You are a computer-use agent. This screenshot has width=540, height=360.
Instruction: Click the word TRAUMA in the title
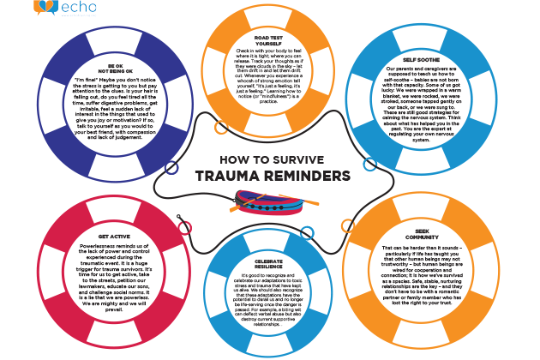click(232, 175)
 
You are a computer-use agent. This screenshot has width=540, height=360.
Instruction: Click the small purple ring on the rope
click(172, 168)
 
